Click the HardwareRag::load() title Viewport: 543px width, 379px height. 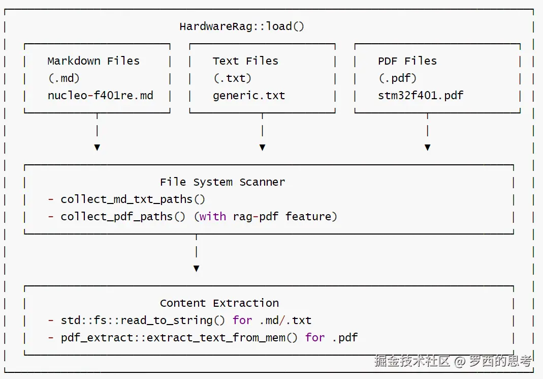(x=242, y=26)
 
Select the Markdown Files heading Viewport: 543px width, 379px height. (x=93, y=61)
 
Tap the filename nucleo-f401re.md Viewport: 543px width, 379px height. (x=101, y=95)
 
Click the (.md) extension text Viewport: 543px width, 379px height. (x=64, y=78)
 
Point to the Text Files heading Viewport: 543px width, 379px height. (x=245, y=61)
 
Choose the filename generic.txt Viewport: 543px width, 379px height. (x=249, y=96)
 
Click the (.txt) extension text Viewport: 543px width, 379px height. (x=232, y=78)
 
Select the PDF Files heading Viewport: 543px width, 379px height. (x=407, y=61)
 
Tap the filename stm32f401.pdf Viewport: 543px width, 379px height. (x=421, y=96)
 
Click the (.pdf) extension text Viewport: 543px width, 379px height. (x=398, y=78)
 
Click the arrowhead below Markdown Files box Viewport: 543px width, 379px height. (x=98, y=148)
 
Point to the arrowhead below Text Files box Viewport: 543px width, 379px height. (x=263, y=148)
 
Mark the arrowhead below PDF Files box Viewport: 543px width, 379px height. (x=428, y=148)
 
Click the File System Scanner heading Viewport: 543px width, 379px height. (x=222, y=182)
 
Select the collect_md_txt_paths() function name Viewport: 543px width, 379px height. (x=133, y=199)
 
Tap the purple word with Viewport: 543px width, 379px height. (x=213, y=217)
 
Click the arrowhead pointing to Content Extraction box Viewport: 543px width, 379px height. (x=197, y=269)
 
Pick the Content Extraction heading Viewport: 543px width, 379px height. (x=219, y=303)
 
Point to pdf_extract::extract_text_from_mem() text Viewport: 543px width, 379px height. (x=179, y=338)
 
